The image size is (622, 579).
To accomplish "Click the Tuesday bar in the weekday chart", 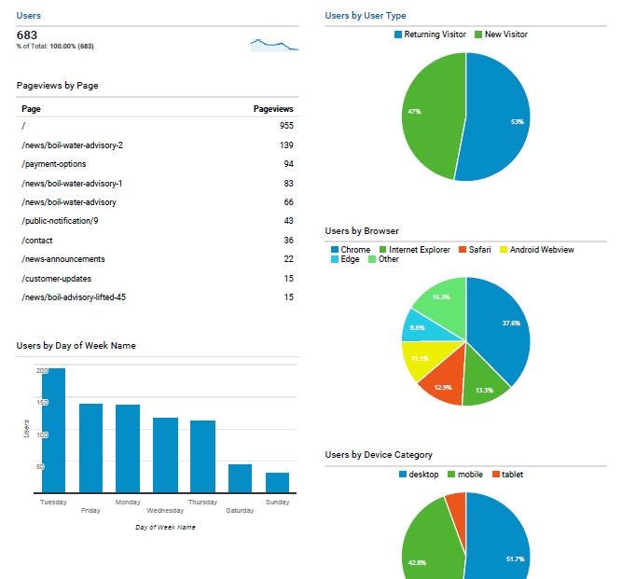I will click(53, 430).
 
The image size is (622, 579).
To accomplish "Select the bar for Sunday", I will click(277, 482).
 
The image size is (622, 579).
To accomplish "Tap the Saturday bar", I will click(240, 477).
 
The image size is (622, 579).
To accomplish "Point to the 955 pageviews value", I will click(286, 124).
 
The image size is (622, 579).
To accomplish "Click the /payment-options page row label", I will click(53, 164).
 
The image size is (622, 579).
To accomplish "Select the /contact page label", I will click(37, 240).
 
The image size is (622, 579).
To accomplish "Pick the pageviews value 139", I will click(286, 145).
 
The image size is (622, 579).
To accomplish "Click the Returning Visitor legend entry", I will click(433, 34).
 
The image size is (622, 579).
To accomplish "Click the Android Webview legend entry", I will click(541, 250).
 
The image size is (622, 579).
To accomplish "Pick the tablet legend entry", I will click(511, 475).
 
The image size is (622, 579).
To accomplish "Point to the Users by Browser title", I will click(362, 230).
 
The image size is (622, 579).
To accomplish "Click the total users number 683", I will click(27, 35).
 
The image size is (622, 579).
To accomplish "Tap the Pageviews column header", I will click(273, 109).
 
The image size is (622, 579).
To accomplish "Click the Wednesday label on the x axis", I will click(165, 511).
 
